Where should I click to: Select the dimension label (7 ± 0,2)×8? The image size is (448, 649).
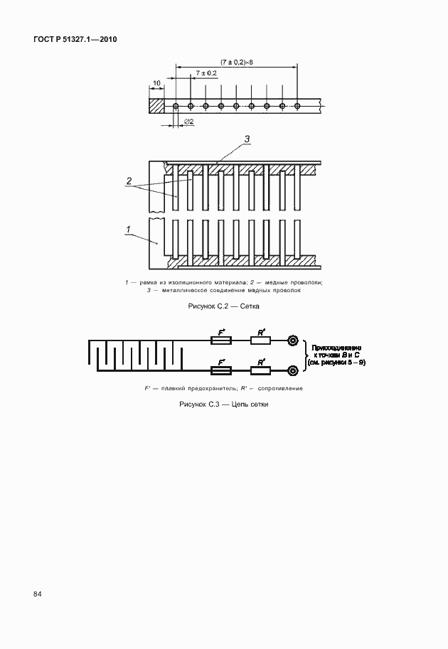(237, 63)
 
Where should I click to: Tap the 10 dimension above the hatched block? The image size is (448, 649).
(156, 83)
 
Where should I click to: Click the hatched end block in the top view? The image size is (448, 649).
(156, 106)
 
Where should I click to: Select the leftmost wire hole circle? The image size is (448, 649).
(175, 106)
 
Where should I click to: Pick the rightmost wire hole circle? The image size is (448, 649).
(298, 106)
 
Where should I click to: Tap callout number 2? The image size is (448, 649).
(129, 181)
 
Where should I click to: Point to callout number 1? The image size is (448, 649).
(129, 228)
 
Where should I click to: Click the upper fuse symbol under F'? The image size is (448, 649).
(221, 341)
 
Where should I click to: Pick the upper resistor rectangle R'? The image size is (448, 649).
(260, 341)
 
